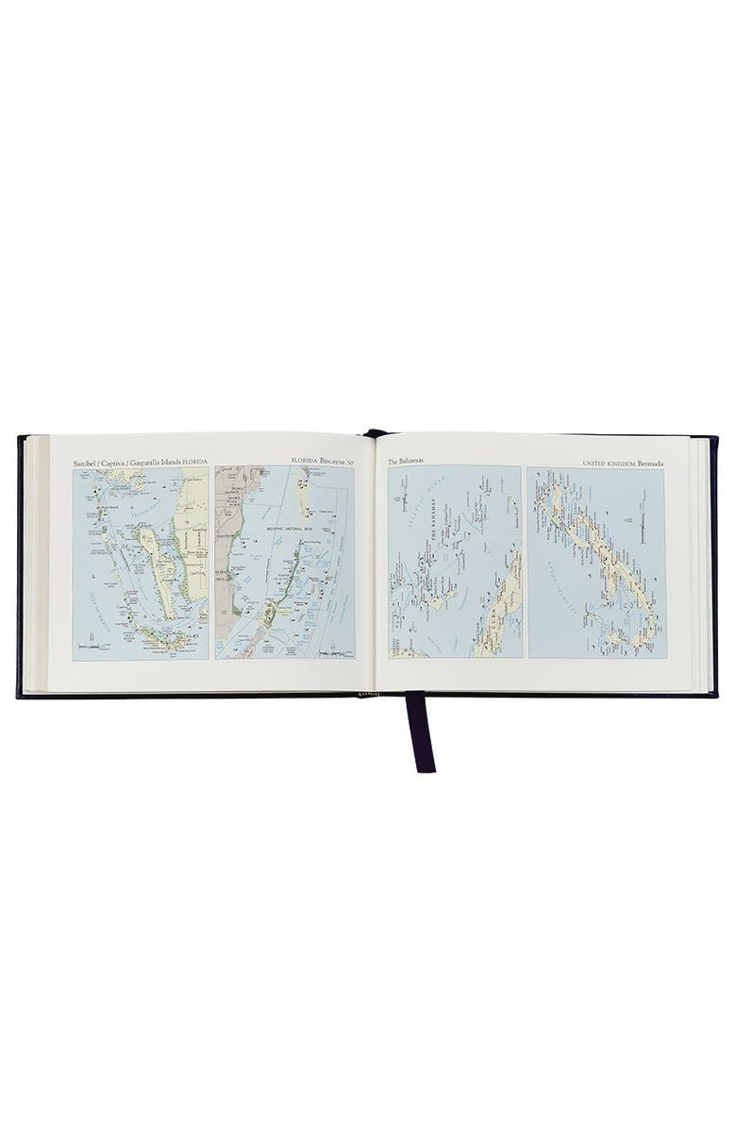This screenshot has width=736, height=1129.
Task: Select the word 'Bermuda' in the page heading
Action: (x=645, y=463)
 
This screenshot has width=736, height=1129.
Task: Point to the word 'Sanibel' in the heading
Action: (x=87, y=463)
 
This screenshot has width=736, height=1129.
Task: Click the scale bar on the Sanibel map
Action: (x=94, y=648)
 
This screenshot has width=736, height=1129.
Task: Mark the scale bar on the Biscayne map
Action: (x=334, y=650)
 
